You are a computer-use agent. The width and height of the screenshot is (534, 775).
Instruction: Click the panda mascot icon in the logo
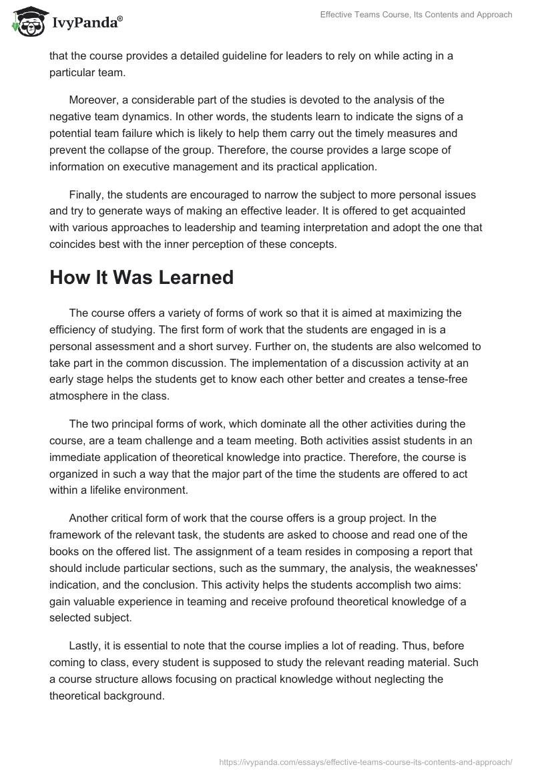click(x=27, y=22)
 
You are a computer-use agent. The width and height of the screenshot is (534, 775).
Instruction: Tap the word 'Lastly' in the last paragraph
click(x=84, y=646)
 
